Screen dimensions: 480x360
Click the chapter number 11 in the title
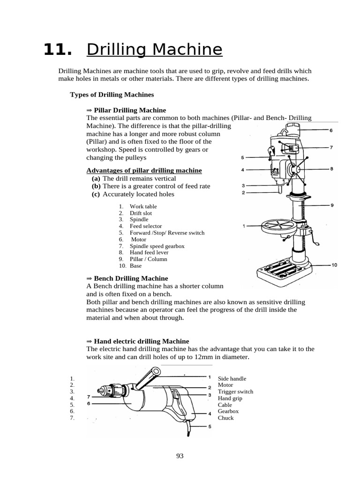58,50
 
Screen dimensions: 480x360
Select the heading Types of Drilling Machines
112,95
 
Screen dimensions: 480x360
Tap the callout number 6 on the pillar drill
331,130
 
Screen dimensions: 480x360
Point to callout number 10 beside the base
334,265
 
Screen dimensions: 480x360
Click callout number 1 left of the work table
244,226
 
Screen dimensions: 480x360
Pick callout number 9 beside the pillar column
331,205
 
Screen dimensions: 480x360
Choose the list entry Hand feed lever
149,253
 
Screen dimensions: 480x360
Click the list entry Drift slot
141,213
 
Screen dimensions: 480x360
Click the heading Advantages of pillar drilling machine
144,170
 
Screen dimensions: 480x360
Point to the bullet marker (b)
96,186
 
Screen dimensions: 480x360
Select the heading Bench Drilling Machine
129,278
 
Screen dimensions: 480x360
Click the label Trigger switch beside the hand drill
235,392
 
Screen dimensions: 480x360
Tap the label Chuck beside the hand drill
225,418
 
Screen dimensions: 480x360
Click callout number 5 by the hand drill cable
210,427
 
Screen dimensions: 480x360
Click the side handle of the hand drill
149,377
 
